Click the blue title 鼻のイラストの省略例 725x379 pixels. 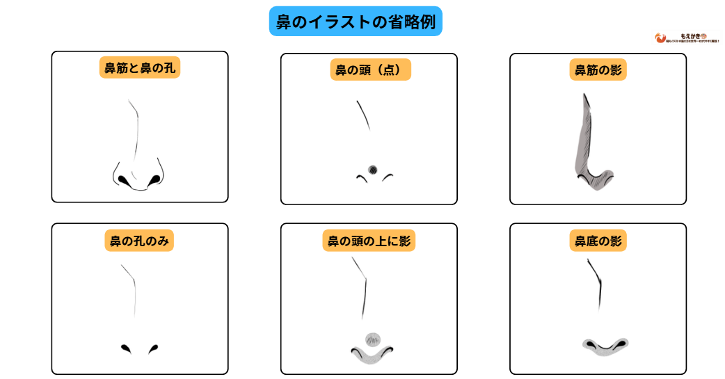click(356, 22)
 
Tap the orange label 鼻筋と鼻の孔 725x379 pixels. click(139, 68)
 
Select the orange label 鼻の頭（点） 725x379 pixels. click(369, 70)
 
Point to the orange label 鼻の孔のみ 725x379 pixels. click(139, 241)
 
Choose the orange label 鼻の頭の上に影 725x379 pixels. click(369, 241)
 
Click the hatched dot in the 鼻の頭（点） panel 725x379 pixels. click(372, 169)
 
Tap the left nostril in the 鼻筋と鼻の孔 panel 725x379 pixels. click(125, 180)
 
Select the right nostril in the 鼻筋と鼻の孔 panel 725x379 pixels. click(153, 180)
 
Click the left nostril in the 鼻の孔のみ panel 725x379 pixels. click(126, 347)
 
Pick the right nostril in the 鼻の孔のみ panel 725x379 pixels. click(153, 347)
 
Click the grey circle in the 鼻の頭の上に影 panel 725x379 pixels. click(373, 339)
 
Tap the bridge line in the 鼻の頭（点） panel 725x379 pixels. click(362, 115)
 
